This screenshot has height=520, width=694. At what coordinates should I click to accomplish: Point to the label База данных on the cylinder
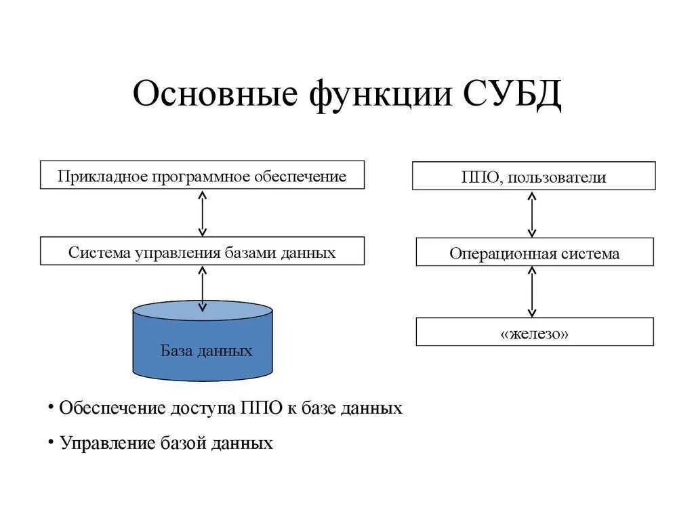pos(206,351)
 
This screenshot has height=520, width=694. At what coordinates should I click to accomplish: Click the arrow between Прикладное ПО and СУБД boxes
pos(202,213)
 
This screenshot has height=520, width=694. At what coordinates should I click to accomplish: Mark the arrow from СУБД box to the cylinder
pos(202,288)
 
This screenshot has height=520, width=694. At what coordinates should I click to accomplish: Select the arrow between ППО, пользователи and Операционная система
pos(532,214)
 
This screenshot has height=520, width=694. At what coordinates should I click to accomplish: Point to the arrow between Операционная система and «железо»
pos(532,291)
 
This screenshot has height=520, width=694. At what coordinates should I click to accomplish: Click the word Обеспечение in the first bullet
pos(113,408)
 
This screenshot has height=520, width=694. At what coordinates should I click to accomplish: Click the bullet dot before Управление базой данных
pos(50,441)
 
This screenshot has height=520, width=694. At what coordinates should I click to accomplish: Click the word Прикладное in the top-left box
pos(102,177)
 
